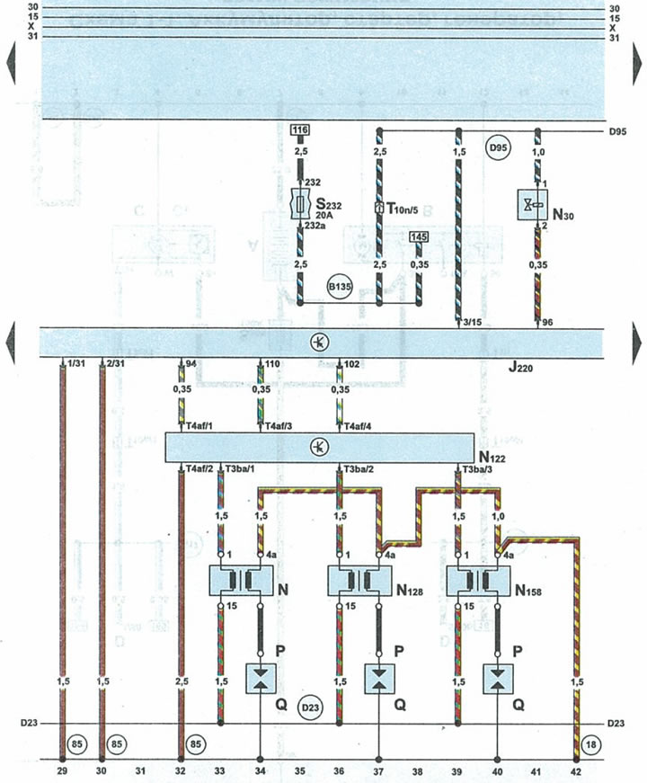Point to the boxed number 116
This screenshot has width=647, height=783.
pyautogui.click(x=300, y=131)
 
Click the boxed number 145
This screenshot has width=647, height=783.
pyautogui.click(x=418, y=236)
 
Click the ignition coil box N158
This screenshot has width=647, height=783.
pyautogui.click(x=476, y=580)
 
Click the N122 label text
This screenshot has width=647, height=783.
pyautogui.click(x=492, y=458)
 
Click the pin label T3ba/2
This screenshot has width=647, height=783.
pyautogui.click(x=358, y=470)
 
